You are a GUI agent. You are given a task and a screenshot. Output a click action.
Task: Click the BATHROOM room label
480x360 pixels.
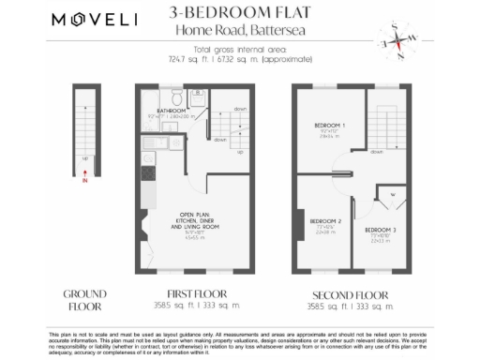click(x=172, y=110)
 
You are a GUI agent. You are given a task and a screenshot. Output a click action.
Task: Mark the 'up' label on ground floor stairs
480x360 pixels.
click(x=86, y=157)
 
